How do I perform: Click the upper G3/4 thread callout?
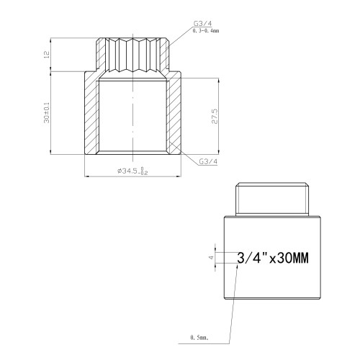tap(203, 24)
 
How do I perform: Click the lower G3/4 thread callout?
tap(208, 161)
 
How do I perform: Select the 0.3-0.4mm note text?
tap(206, 31)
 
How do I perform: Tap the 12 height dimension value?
tap(47, 54)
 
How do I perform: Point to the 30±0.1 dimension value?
tap(47, 113)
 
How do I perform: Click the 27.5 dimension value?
tap(215, 117)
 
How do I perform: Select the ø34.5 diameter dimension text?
tap(132, 171)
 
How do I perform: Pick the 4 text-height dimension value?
tap(211, 258)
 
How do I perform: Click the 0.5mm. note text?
tap(199, 338)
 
